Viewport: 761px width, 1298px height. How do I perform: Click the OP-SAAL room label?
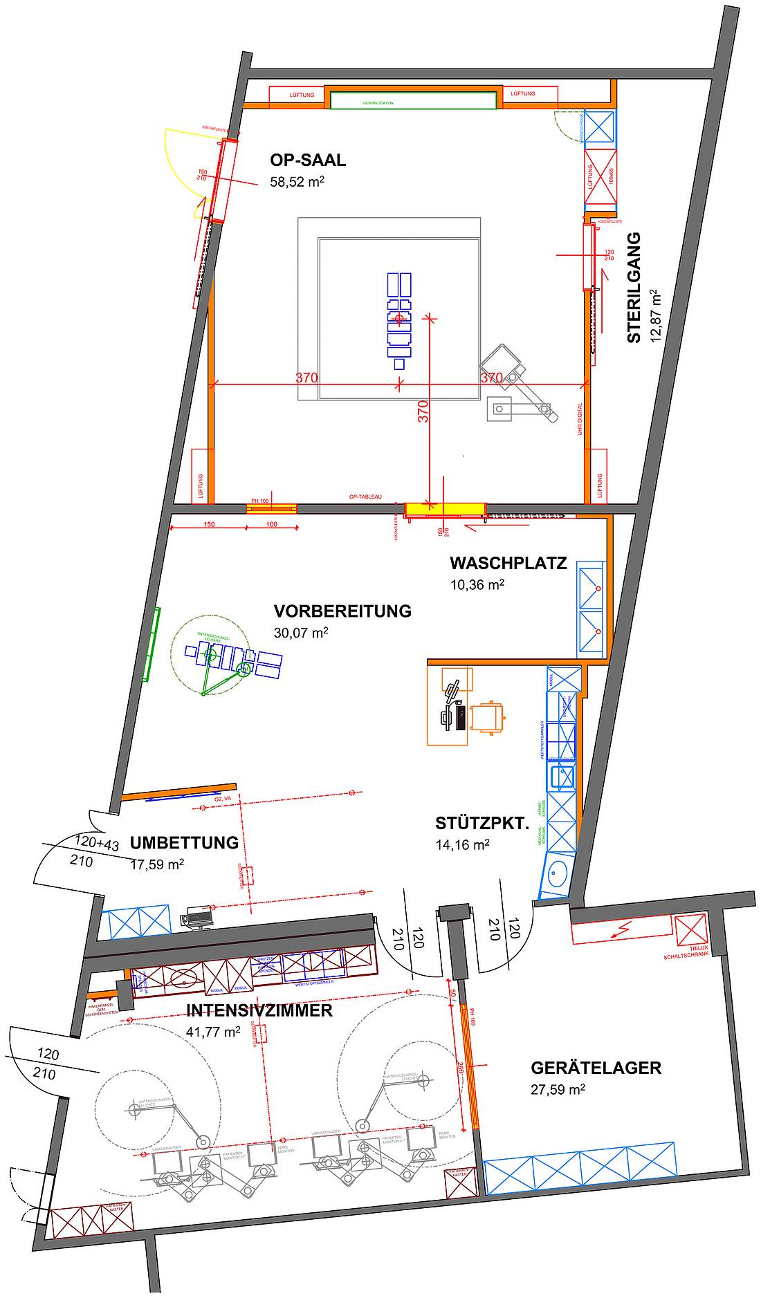[x=308, y=160]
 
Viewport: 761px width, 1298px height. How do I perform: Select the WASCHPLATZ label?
[x=508, y=563]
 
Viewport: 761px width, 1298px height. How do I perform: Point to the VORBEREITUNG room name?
[x=342, y=611]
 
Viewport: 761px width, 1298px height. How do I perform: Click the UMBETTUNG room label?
[x=184, y=843]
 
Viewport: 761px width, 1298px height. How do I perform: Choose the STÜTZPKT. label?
[x=482, y=824]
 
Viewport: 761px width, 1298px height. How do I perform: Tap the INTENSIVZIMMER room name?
[x=259, y=1010]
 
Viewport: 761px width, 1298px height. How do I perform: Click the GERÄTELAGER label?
[x=596, y=1068]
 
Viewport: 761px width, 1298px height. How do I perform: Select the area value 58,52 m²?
[x=297, y=183]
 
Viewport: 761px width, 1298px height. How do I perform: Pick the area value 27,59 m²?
[x=558, y=1090]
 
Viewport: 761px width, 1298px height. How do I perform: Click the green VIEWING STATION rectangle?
[x=413, y=101]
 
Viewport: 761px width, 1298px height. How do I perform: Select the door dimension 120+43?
[x=97, y=844]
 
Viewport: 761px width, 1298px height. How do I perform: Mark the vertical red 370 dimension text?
[x=423, y=411]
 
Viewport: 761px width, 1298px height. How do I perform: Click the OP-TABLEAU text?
[x=365, y=497]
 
